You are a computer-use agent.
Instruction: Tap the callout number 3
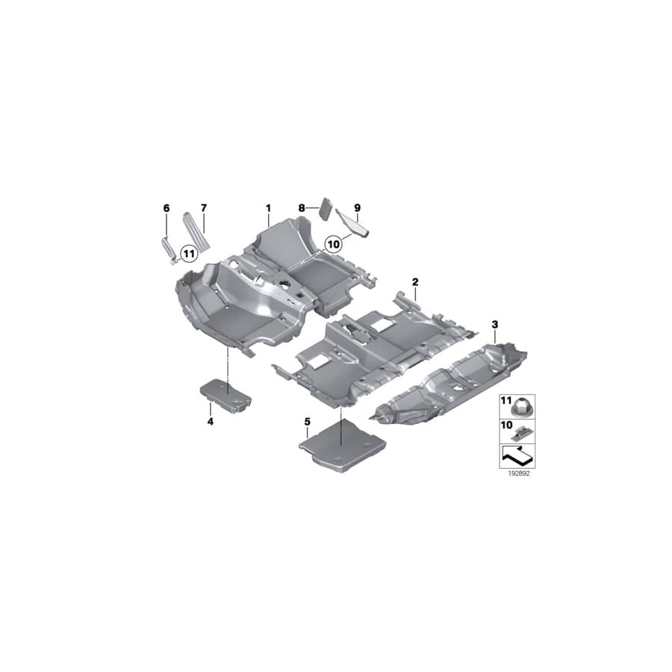point(494,324)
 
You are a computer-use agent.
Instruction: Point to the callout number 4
point(211,422)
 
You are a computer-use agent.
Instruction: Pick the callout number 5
point(307,422)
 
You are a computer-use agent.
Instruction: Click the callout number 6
point(167,207)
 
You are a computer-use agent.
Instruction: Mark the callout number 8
point(302,207)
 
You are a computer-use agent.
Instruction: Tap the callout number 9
point(357,207)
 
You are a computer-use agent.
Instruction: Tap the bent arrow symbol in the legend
point(517,454)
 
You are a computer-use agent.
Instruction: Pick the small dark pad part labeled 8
point(326,208)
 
